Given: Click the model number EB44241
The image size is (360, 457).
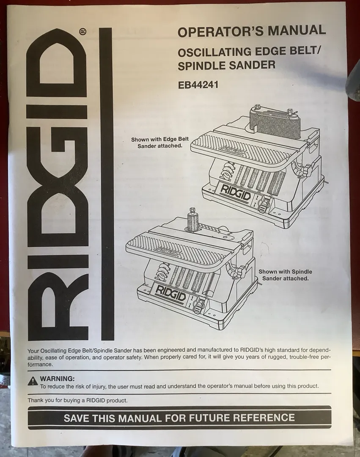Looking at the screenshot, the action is pos(198,85).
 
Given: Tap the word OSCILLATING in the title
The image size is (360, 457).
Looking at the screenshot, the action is pos(214,52).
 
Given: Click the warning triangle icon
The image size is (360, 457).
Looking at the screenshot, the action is pos(33,381).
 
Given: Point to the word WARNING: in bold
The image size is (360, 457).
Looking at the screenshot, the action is pos(58,379).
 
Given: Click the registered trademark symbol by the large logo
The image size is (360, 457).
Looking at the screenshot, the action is pos(82,31).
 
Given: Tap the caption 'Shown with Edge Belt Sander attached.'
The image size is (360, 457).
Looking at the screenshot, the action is pos(160,143).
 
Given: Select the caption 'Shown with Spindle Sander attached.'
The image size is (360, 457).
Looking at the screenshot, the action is pos(285,275).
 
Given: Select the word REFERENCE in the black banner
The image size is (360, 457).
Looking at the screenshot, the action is pos(264,417).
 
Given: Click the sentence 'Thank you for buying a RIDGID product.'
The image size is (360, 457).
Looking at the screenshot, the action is pos(77,400).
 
